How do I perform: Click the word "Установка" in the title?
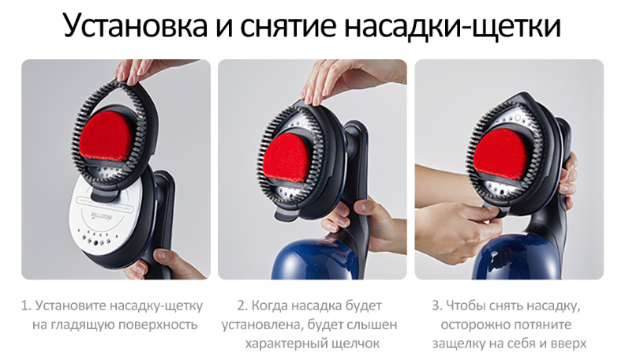tap(136, 26)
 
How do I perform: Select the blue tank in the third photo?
tap(518, 257)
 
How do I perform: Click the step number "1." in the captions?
tap(26, 306)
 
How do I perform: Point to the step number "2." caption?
tap(242, 306)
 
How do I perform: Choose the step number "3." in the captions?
tap(437, 306)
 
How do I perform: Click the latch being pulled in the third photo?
tap(495, 210)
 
